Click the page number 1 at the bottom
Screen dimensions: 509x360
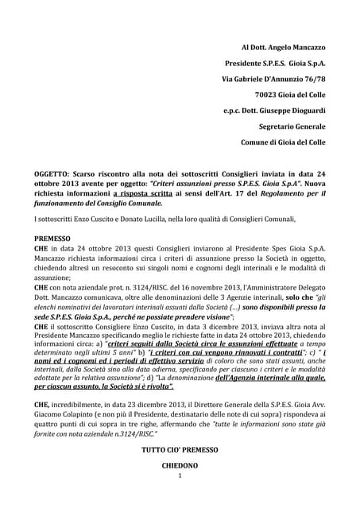coord(180,476)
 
